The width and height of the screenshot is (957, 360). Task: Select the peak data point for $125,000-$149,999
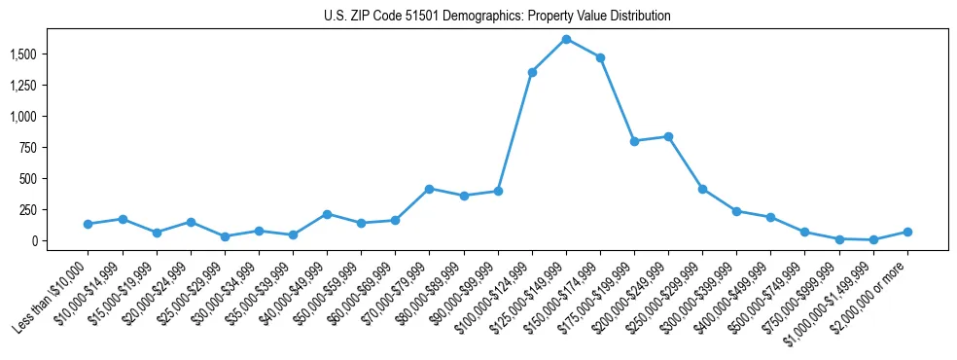[566, 39]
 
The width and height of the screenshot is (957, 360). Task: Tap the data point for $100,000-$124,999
[532, 72]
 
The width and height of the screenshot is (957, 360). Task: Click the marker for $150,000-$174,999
[600, 57]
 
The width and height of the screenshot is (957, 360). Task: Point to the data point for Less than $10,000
[89, 224]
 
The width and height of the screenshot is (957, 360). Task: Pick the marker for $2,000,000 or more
[907, 232]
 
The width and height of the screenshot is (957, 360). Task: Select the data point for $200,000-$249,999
[668, 136]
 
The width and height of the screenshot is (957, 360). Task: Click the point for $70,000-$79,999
[429, 189]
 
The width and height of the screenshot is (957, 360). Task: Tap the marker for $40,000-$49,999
[327, 214]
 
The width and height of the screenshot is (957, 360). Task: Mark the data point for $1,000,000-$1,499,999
[873, 239]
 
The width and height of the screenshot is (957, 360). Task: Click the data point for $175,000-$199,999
[634, 141]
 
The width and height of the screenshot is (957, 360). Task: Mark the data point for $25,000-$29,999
[225, 236]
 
